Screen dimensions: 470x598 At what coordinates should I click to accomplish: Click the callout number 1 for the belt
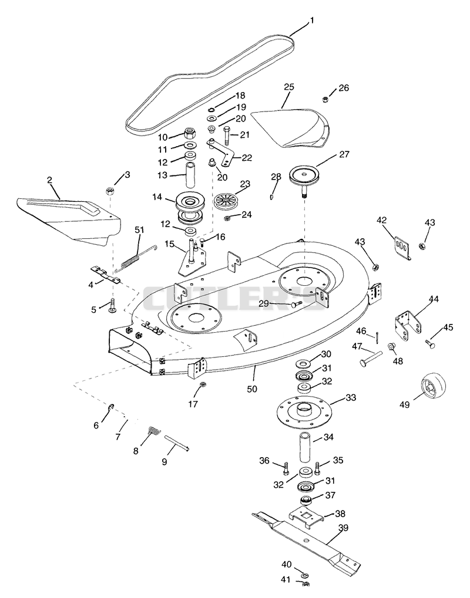pyautogui.click(x=312, y=20)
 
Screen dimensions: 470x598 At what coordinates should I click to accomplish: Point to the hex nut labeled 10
pyautogui.click(x=190, y=133)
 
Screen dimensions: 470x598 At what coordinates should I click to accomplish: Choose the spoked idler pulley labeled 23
pyautogui.click(x=227, y=201)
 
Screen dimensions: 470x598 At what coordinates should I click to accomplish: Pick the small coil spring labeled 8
pyautogui.click(x=154, y=431)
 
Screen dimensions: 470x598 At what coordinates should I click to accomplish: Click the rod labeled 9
pyautogui.click(x=176, y=443)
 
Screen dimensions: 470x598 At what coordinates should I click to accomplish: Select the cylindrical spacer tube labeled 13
pyautogui.click(x=190, y=174)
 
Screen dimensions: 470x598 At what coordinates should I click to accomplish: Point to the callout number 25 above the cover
pyautogui.click(x=289, y=87)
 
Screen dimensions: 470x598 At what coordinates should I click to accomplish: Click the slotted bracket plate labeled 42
pyautogui.click(x=402, y=247)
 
